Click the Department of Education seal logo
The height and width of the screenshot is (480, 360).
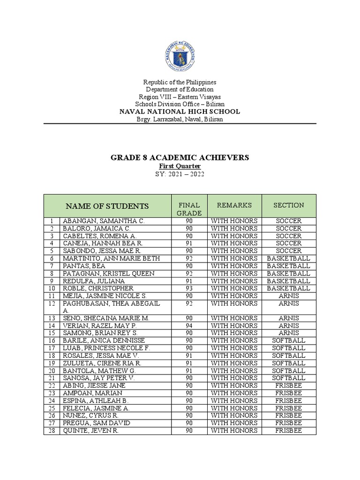(180, 56)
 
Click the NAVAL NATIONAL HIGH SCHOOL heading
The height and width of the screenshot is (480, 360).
(180, 112)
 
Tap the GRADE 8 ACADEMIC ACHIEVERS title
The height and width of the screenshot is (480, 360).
(180, 157)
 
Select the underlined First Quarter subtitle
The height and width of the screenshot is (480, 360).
(180, 166)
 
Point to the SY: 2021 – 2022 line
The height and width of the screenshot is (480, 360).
(180, 174)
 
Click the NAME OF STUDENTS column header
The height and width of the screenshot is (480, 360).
(107, 206)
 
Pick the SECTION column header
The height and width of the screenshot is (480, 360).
(289, 205)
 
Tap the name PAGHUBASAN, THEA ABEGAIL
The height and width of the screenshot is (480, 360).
(111, 303)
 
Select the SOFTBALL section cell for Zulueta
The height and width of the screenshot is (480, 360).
(289, 363)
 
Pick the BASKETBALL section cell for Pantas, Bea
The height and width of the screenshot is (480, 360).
(289, 266)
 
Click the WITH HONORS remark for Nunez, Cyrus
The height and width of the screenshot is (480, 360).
(234, 415)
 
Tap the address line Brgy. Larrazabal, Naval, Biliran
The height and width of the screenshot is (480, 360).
(180, 119)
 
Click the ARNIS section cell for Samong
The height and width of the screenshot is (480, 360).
(289, 333)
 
